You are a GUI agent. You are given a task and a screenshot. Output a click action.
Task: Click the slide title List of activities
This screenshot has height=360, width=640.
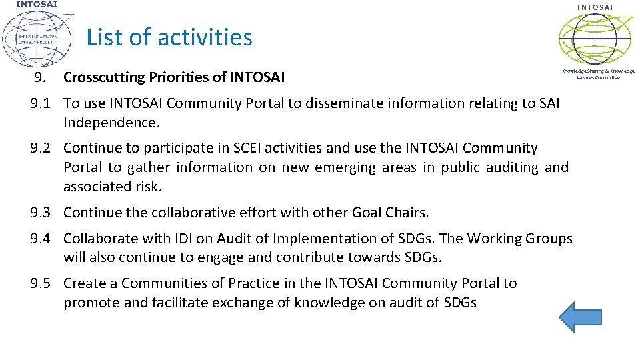click(169, 37)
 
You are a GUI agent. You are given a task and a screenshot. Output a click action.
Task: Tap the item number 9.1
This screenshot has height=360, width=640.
click(41, 103)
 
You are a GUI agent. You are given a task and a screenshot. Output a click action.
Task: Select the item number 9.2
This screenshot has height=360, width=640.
click(41, 148)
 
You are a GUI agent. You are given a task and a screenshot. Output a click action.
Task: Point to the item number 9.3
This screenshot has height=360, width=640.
click(41, 213)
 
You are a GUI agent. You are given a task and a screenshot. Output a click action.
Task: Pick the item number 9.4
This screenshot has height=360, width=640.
click(41, 239)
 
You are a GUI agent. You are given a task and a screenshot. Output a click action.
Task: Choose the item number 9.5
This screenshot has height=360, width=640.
click(41, 283)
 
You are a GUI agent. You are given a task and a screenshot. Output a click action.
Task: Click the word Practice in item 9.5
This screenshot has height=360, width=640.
click(253, 283)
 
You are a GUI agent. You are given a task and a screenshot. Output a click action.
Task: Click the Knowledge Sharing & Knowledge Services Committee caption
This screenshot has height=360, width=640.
click(598, 73)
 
